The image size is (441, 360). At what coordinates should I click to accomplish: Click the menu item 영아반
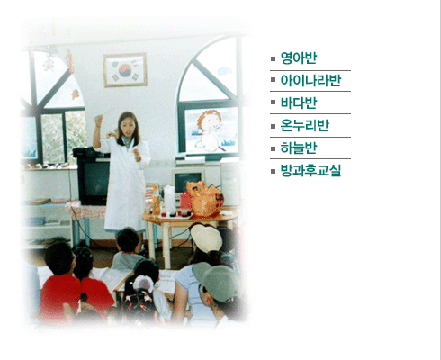point(299,58)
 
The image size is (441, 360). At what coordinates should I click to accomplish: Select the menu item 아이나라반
point(310,81)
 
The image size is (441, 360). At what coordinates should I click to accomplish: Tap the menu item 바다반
point(299,103)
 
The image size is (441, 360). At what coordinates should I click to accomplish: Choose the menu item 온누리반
point(305,126)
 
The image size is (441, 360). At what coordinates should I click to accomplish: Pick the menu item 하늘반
point(299,148)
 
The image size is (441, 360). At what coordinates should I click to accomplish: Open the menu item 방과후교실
point(310,171)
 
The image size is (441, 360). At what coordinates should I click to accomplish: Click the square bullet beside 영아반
point(273,58)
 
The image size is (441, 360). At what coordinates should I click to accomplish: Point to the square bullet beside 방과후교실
point(273,171)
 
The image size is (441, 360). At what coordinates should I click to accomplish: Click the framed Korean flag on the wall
point(125,70)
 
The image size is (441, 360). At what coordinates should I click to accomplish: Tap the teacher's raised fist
point(98,120)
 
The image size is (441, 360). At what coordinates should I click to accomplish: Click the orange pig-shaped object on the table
point(205,199)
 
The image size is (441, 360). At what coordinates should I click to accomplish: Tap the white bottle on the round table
point(169,199)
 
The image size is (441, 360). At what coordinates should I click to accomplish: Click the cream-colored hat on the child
point(206,238)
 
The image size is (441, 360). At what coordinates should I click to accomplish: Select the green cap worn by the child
point(217,281)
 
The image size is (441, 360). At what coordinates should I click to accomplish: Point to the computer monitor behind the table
point(188,181)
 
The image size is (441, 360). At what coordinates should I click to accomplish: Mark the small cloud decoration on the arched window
point(224,71)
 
